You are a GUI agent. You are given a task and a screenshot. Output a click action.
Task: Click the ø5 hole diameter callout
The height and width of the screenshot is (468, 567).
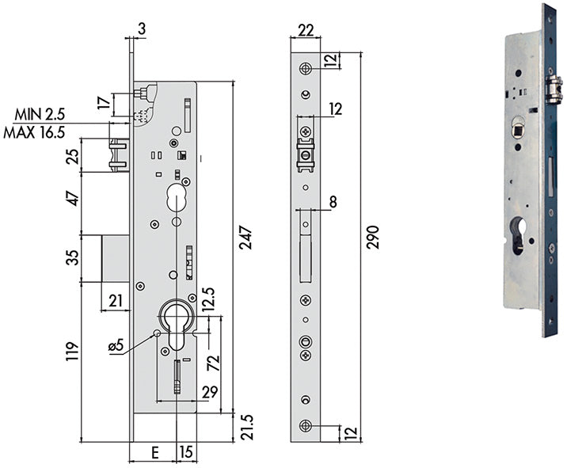point(116,344)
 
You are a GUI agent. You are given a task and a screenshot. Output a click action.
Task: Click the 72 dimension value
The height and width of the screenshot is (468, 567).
point(212,363)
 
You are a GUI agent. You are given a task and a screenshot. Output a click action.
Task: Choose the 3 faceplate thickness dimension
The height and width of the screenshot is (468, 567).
point(140,30)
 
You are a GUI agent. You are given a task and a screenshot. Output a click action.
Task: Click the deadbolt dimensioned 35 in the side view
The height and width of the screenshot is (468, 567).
point(116,257)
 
